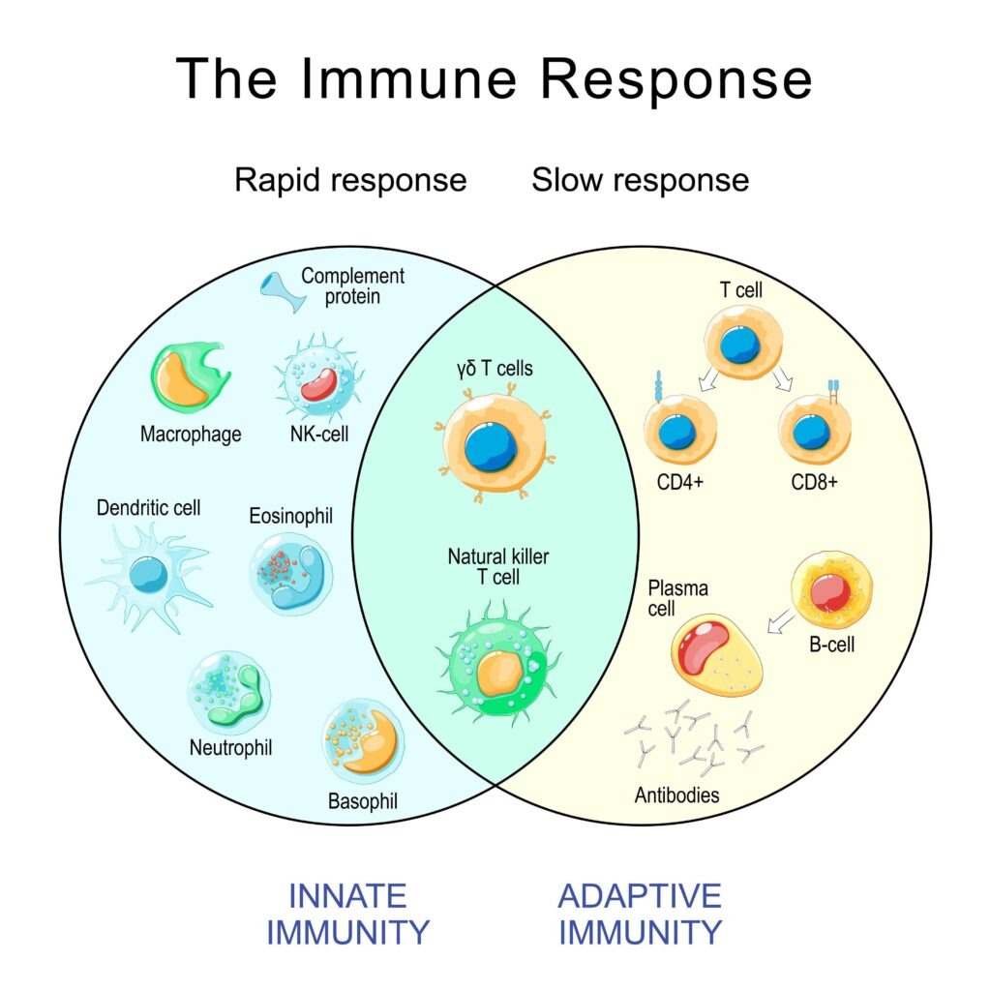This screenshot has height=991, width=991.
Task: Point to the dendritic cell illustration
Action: coord(148,577)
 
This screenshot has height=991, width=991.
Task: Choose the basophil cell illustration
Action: coord(363,740)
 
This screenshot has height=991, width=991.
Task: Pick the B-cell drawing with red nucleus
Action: coord(831,590)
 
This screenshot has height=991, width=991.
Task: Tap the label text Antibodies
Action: coord(676,796)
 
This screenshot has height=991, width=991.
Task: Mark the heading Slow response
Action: coord(640,180)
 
